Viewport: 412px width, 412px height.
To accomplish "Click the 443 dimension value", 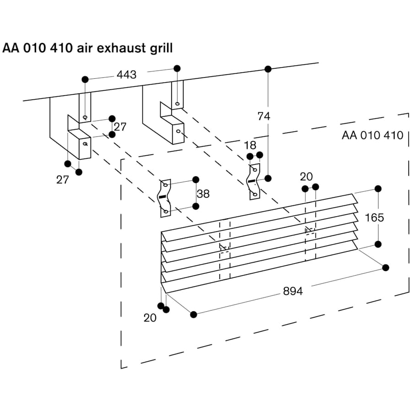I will (127, 74).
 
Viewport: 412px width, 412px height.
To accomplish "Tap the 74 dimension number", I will (264, 116).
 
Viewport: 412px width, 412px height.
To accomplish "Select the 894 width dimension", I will (293, 291).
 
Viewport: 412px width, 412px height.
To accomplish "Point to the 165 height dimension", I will (374, 217).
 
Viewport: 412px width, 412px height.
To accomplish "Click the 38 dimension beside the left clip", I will (203, 194).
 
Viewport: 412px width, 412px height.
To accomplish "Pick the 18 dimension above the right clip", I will (250, 146).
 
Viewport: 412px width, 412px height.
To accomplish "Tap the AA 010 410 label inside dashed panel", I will (372, 135).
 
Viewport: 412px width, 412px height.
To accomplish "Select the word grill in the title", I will (160, 48).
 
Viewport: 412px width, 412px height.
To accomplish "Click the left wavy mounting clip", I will (165, 198).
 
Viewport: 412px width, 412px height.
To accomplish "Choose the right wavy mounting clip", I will (253, 181).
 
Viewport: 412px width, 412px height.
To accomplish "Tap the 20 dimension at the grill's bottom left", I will (150, 318).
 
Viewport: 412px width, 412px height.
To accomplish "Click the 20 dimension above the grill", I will (306, 177).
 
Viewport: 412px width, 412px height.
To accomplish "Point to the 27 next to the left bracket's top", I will (120, 127).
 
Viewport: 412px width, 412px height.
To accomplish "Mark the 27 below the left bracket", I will (63, 180).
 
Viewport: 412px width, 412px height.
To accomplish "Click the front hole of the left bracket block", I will (85, 143).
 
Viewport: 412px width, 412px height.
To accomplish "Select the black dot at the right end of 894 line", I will (385, 267).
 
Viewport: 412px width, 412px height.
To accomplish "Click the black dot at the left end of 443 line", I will (85, 79).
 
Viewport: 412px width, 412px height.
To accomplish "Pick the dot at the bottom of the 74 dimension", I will (268, 178).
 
